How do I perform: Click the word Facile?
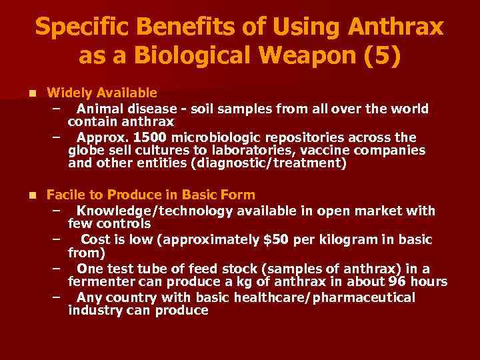tap(65, 195)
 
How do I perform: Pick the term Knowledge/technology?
tap(155, 211)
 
